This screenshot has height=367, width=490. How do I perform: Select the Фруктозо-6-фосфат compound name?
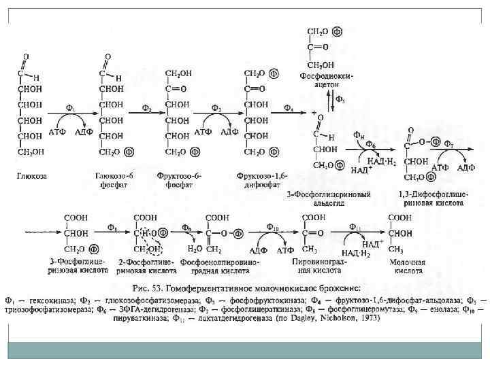tap(184, 179)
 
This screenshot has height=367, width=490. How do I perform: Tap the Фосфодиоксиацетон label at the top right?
tap(323, 80)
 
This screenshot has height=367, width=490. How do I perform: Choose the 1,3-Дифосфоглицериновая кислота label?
tap(431, 198)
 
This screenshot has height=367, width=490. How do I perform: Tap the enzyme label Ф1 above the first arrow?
tap(70, 107)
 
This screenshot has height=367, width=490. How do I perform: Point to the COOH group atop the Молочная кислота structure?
tap(402, 218)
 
